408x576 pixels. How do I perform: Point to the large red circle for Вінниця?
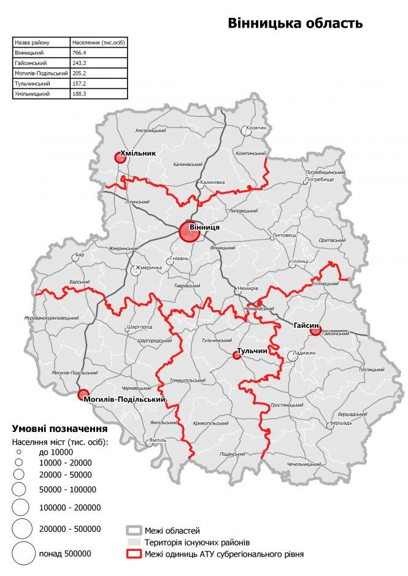189,232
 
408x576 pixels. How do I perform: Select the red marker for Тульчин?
236,355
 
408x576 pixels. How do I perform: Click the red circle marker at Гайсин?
315,332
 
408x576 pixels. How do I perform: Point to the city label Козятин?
256,128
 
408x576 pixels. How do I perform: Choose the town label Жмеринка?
148,268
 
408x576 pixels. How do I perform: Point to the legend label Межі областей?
172,530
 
